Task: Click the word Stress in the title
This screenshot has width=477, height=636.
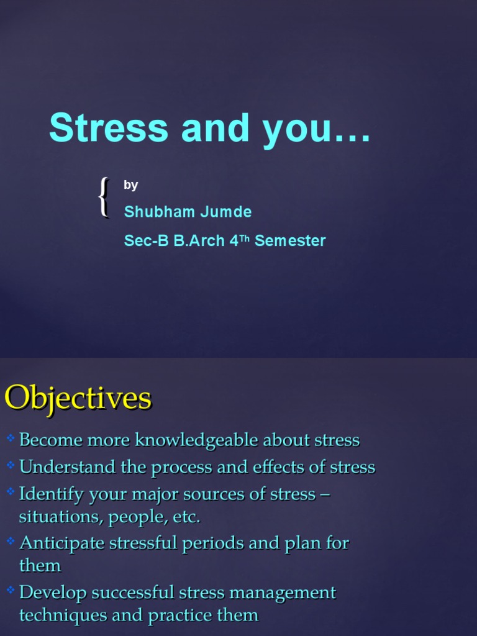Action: (x=109, y=128)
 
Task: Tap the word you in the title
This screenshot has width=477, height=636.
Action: (x=294, y=129)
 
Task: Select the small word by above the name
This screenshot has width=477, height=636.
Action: (x=130, y=185)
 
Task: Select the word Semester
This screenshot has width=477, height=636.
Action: (x=290, y=241)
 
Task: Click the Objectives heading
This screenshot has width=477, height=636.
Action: (x=78, y=397)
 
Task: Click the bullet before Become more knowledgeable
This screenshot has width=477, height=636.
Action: (x=11, y=439)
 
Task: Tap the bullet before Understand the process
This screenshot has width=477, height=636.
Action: (x=11, y=465)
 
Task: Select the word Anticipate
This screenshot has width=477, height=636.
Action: (x=62, y=543)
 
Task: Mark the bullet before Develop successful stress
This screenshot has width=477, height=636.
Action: (x=11, y=591)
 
